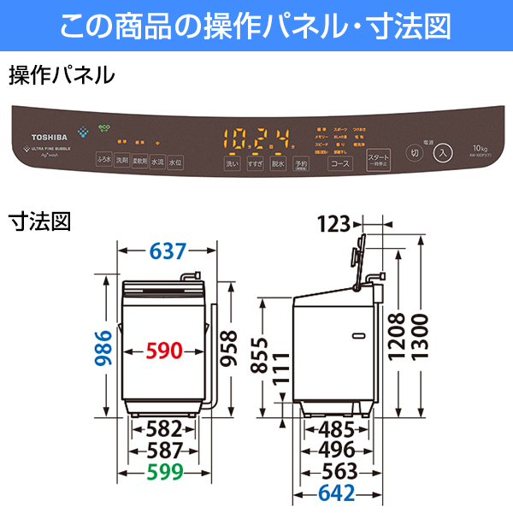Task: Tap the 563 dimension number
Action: [x=345, y=471]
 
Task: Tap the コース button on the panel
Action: [x=340, y=162]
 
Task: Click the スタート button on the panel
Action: [x=377, y=160]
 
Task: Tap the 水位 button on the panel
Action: [x=175, y=161]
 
